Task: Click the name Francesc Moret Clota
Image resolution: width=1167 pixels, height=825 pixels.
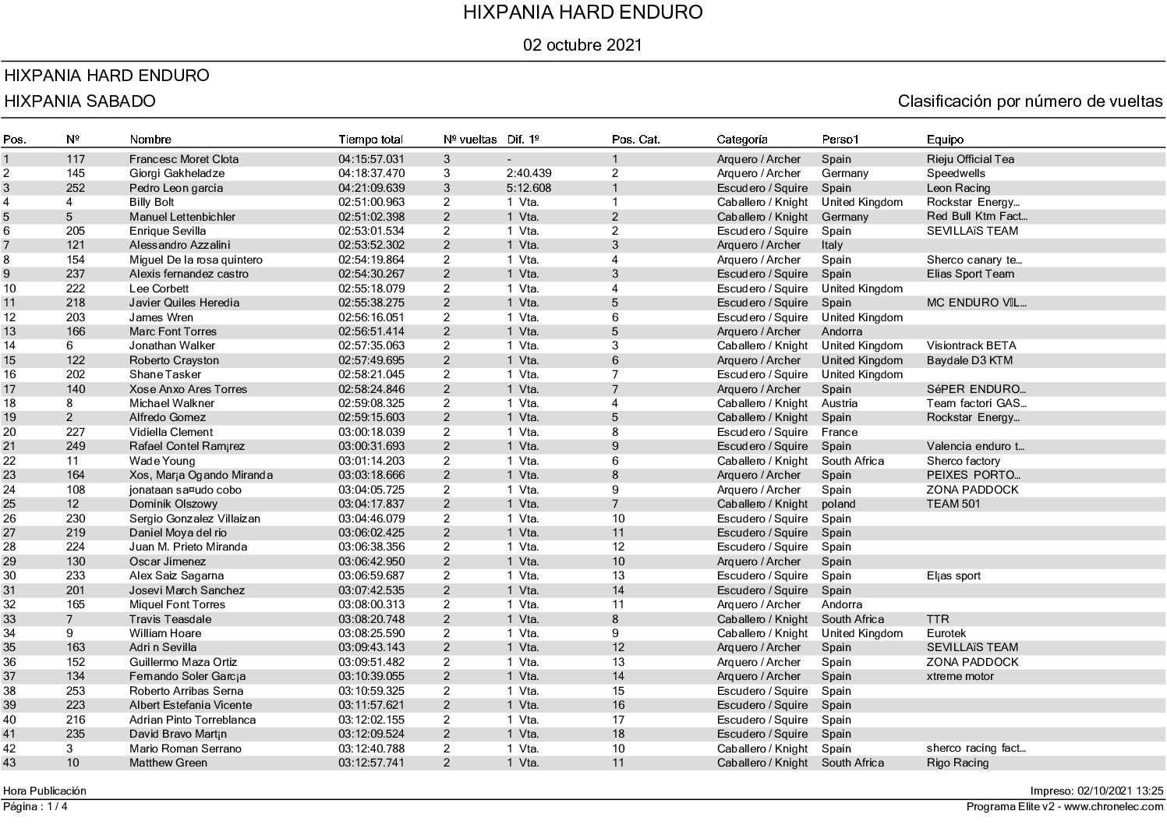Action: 184,159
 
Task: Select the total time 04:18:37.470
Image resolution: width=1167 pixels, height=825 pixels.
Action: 371,173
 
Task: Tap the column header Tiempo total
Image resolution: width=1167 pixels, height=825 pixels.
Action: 370,140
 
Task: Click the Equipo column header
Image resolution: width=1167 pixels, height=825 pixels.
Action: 945,140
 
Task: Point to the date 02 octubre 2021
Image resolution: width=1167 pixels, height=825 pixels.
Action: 583,45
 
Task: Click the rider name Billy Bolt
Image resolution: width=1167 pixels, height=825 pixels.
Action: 151,202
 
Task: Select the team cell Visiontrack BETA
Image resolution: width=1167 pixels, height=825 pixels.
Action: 971,345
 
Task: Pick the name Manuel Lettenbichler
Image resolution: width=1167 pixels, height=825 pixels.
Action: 182,217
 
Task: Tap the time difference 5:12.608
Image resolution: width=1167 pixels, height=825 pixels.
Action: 529,188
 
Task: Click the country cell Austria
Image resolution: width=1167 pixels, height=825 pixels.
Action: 840,403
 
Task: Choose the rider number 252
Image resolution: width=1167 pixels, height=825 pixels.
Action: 76,188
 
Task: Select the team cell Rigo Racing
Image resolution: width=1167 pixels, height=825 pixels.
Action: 957,763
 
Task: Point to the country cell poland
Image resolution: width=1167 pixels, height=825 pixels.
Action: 839,504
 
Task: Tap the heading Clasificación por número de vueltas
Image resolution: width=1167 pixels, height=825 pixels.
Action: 1030,101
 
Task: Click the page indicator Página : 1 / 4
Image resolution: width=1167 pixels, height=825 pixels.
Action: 36,806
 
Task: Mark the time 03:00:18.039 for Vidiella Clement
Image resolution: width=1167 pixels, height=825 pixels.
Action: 371,432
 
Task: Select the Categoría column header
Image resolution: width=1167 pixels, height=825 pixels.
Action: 742,140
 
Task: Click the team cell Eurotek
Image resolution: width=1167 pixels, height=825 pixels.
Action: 946,633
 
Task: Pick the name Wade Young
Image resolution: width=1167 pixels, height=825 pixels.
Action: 162,461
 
